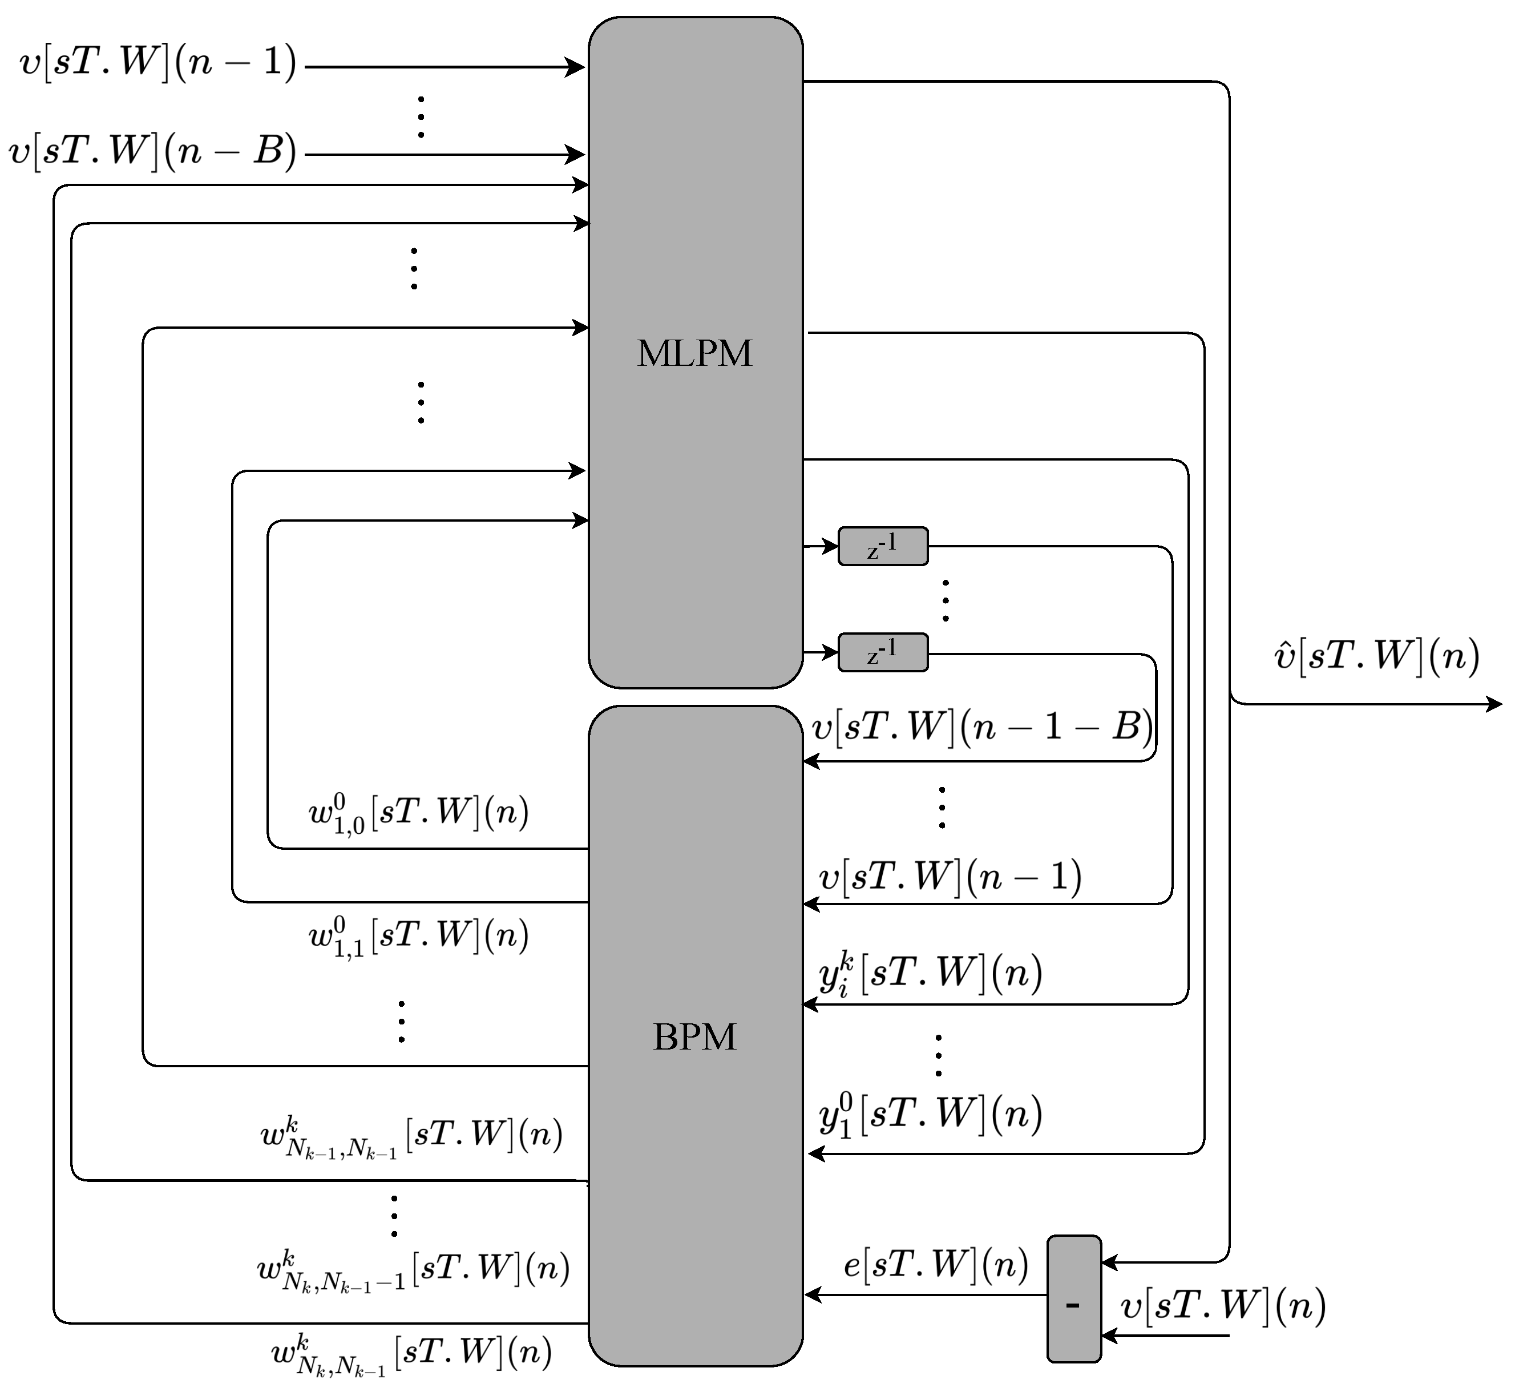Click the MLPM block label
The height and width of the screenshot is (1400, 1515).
tap(694, 354)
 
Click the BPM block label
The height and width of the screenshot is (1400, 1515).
tap(694, 1037)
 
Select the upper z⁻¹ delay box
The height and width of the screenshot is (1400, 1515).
tap(883, 546)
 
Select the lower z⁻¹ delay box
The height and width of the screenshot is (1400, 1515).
tap(883, 652)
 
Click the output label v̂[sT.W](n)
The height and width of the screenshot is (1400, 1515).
tap(1376, 656)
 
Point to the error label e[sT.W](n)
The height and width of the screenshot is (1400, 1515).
tap(935, 1264)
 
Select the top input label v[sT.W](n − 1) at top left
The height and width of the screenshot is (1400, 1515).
tap(157, 63)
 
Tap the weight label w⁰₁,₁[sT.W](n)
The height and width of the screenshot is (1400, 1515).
tap(418, 937)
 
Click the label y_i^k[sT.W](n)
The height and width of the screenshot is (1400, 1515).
tap(930, 974)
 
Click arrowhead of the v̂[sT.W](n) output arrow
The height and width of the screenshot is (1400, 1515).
tap(1494, 704)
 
